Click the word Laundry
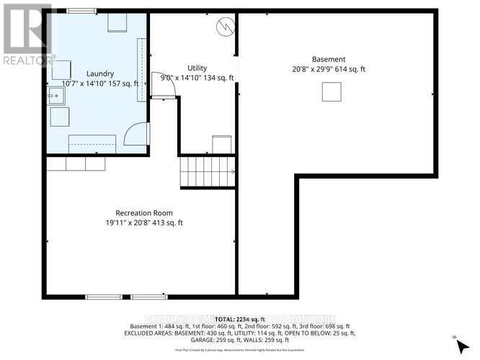(100, 73)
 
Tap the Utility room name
(197, 67)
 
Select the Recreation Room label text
(144, 213)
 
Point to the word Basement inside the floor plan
(329, 59)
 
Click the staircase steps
(208, 171)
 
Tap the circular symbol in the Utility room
(225, 27)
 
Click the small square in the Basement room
(331, 92)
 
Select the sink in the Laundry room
(55, 96)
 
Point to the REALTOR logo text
(27, 60)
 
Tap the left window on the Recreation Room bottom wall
(104, 297)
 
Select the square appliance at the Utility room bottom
(221, 143)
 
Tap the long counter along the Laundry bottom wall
(92, 143)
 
